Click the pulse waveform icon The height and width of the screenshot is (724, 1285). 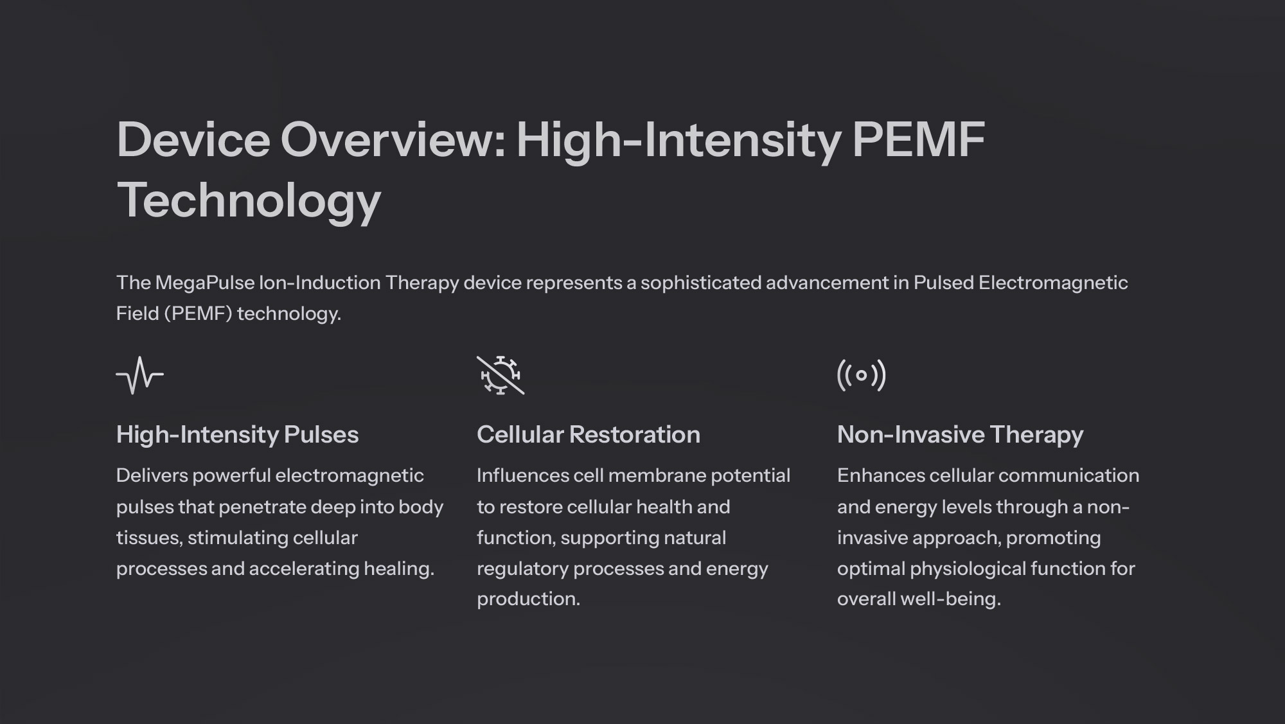coord(140,375)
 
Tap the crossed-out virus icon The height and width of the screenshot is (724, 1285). coord(501,375)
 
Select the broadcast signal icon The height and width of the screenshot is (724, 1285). coord(862,375)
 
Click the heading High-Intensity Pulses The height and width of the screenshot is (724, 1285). coord(237,435)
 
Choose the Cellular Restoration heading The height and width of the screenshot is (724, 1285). coord(588,435)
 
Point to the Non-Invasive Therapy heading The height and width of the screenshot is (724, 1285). coord(960,435)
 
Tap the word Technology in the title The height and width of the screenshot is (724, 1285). coord(249,200)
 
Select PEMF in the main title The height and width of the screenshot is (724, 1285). coord(918,139)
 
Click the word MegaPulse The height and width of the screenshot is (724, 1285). coord(205,283)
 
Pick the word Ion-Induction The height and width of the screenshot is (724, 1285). coord(320,283)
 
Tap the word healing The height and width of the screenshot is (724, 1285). coord(399,569)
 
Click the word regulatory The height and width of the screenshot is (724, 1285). coord(522,569)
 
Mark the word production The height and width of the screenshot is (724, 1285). coord(528,599)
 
